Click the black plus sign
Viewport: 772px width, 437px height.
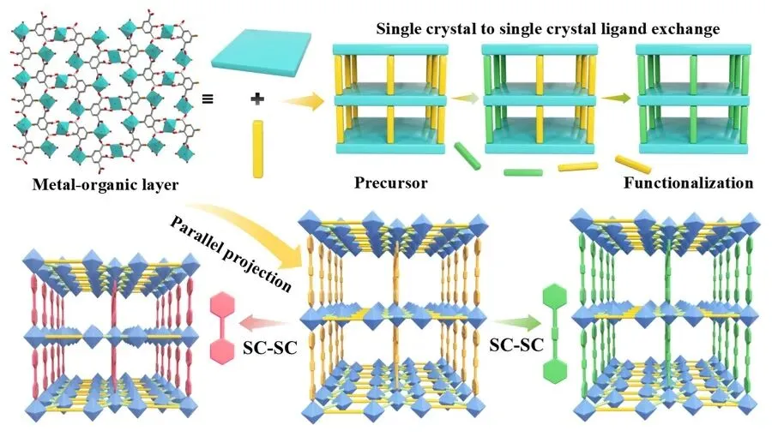click(255, 99)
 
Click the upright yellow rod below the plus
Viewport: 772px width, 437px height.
click(256, 149)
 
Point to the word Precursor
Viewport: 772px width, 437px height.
click(390, 183)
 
